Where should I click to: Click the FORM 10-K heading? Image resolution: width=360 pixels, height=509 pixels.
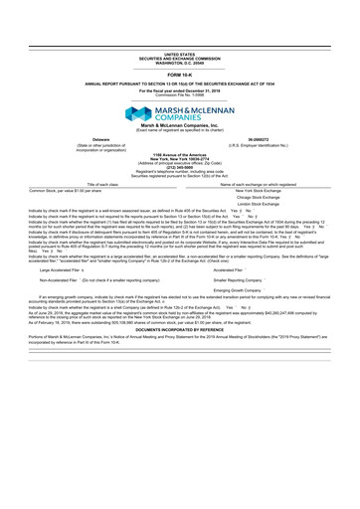pos(180,47)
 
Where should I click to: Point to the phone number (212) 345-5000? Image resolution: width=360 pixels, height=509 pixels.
pos(180,166)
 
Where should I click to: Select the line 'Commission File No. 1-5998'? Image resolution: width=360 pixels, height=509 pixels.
pos(180,66)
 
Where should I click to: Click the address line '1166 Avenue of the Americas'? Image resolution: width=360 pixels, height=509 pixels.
pos(180,153)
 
